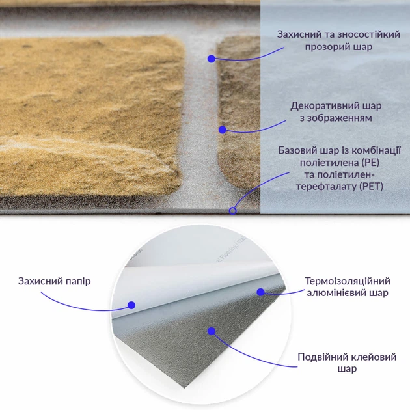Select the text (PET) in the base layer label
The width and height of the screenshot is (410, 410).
coord(372,187)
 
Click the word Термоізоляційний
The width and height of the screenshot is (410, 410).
coord(348,281)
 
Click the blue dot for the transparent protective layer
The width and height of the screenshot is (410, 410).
coord(212,59)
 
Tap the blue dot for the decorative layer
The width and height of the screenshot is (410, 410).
coord(222,130)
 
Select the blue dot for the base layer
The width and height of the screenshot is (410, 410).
coord(232,210)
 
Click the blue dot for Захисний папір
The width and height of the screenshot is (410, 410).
coord(131,304)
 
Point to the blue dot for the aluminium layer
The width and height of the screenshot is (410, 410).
coord(261,292)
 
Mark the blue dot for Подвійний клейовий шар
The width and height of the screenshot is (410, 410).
coord(212,331)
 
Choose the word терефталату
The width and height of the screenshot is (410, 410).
coord(320,187)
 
